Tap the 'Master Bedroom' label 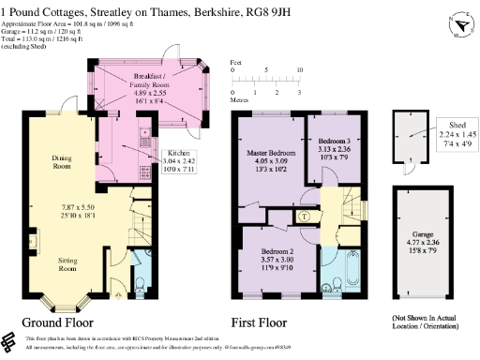(x=271, y=152)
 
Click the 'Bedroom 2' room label (x=278, y=252)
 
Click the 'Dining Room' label (x=63, y=163)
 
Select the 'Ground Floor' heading (x=62, y=322)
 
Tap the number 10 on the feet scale (x=300, y=70)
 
